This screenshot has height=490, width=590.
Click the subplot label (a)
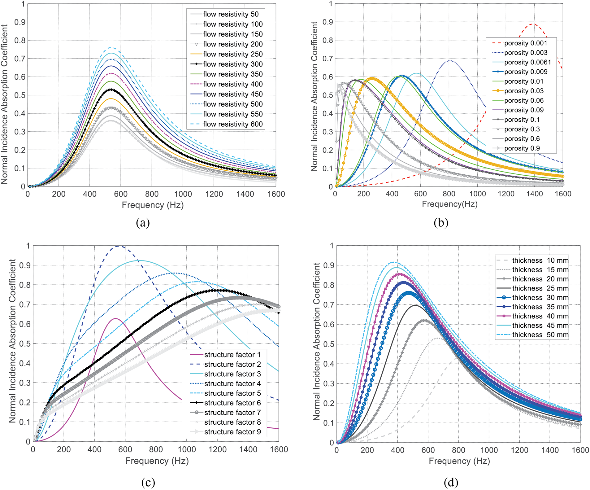[x=143, y=223]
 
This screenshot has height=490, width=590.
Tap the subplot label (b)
[x=441, y=223]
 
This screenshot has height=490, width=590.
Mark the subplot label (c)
[x=148, y=482]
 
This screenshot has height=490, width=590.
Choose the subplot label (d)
[x=451, y=482]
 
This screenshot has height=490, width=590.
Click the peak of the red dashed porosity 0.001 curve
[x=532, y=24]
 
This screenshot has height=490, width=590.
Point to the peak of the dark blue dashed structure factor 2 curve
[x=120, y=246]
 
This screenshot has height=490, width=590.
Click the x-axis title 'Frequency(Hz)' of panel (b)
[x=449, y=204]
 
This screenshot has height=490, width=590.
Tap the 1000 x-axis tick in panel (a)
[x=183, y=194]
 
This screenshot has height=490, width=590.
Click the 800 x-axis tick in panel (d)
[x=458, y=450]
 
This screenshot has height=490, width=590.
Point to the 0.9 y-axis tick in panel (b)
[x=328, y=22]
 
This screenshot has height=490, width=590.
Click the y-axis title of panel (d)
[x=316, y=341]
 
